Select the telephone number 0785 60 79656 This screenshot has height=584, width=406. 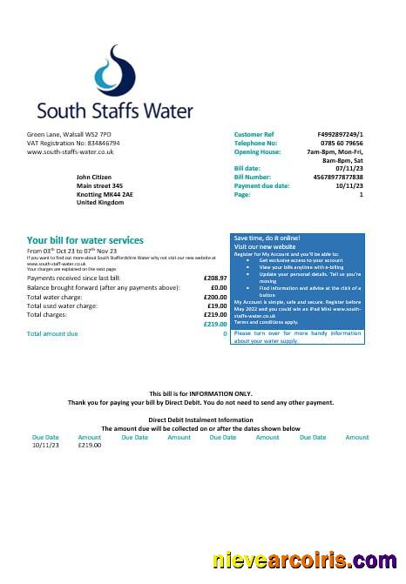(340, 143)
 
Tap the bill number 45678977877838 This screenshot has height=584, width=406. (335, 177)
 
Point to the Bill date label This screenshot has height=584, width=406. (247, 168)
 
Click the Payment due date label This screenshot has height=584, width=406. (261, 185)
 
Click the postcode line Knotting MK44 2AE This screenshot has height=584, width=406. (106, 193)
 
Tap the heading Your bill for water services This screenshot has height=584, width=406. (85, 240)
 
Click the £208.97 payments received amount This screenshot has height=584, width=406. (214, 278)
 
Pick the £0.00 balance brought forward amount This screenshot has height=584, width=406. (218, 287)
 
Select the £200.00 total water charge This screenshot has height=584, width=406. (214, 297)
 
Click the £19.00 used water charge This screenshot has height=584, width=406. (217, 305)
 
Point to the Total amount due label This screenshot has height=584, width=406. (52, 333)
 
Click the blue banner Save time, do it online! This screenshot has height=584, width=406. (267, 238)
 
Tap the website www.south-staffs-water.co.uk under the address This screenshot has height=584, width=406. (71, 151)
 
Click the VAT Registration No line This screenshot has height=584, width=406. (73, 143)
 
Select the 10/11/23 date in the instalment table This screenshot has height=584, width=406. (45, 445)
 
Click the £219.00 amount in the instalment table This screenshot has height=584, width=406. (89, 445)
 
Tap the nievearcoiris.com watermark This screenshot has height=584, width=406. (306, 562)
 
